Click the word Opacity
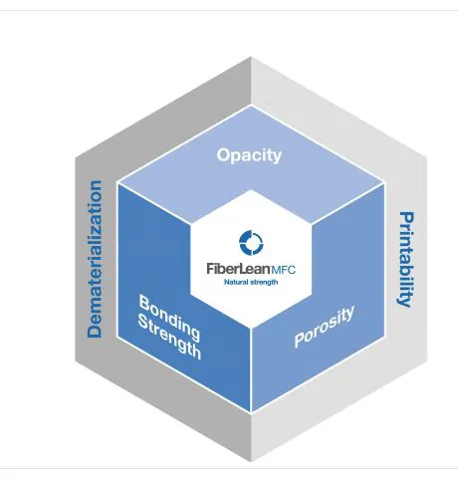tap(249, 155)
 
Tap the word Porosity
tap(325, 327)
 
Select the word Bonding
tap(169, 318)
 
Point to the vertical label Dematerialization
tap(95, 259)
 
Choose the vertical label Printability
tap(406, 260)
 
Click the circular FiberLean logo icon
tap(251, 243)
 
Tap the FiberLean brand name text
tap(238, 269)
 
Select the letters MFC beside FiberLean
tap(283, 270)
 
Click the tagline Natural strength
tap(251, 282)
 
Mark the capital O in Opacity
tap(223, 155)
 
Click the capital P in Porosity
tap(300, 340)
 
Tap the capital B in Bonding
tap(144, 303)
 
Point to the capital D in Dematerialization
tap(95, 331)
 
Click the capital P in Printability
tap(406, 218)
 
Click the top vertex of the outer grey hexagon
tap(251, 57)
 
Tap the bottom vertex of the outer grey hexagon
tap(251, 462)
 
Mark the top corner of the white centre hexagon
tap(251, 190)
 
